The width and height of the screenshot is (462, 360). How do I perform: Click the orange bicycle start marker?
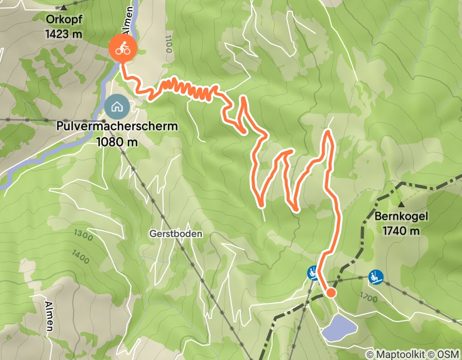pyautogui.click(x=122, y=49)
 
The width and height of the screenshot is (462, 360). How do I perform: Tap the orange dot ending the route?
pyautogui.click(x=331, y=293)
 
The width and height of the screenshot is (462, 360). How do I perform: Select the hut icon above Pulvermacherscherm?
pyautogui.click(x=117, y=107)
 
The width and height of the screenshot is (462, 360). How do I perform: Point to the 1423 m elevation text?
pyautogui.click(x=64, y=34)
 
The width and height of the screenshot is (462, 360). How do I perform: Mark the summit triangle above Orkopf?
pyautogui.click(x=64, y=8)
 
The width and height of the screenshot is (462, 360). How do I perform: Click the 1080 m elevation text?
pyautogui.click(x=117, y=141)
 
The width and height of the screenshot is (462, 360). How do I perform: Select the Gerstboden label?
pyautogui.click(x=176, y=233)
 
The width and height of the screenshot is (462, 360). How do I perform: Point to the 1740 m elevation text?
pyautogui.click(x=401, y=230)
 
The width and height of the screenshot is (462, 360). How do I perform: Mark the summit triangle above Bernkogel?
pyautogui.click(x=401, y=204)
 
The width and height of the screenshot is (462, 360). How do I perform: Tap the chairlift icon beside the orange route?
pyautogui.click(x=312, y=273)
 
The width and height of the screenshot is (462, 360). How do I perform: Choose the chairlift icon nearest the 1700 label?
pyautogui.click(x=376, y=277)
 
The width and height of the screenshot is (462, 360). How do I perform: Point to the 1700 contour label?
pyautogui.click(x=369, y=297)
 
